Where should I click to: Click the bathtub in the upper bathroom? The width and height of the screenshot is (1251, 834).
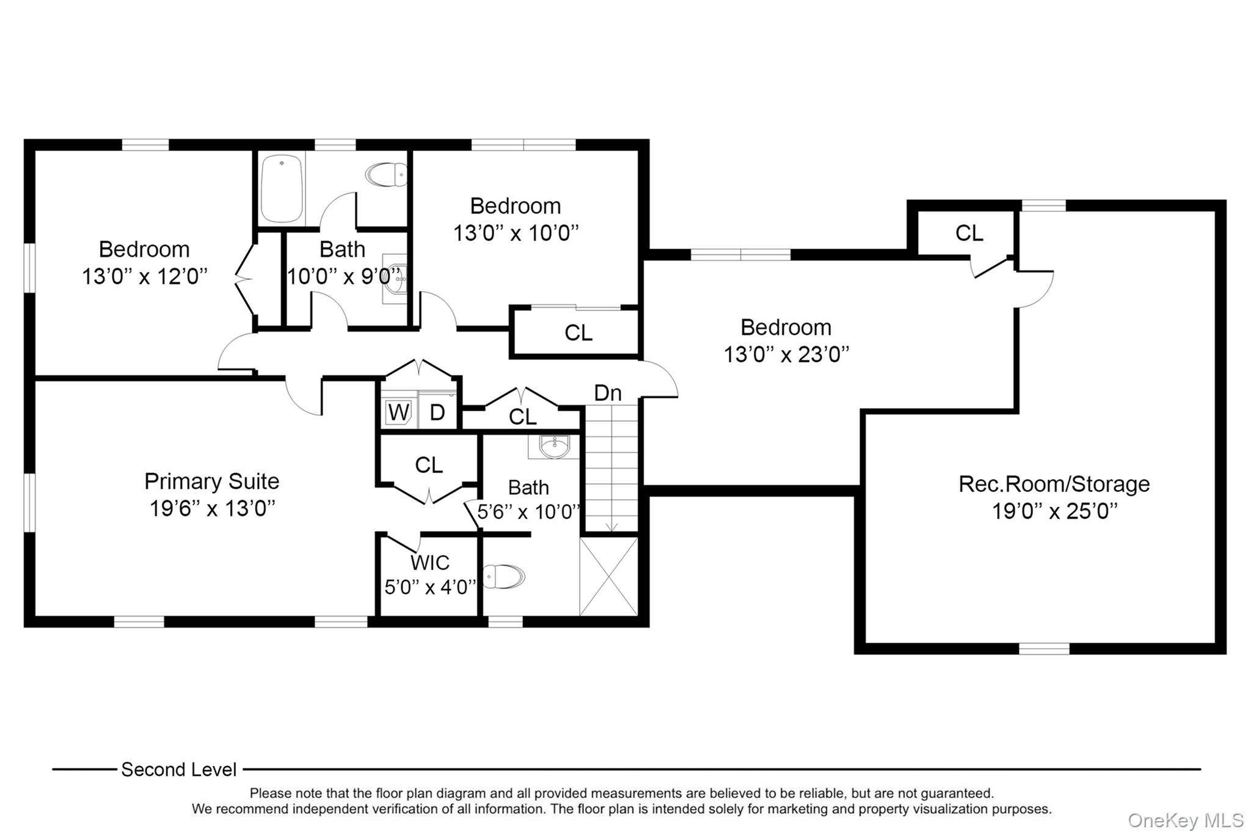click(x=282, y=188)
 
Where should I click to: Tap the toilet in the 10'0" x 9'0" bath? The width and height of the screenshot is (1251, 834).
click(x=387, y=175)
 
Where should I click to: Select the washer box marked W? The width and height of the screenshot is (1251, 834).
click(x=398, y=412)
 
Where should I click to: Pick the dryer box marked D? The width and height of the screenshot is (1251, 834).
click(x=437, y=412)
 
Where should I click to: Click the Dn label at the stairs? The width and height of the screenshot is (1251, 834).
click(x=608, y=393)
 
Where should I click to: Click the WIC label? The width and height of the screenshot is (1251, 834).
click(x=429, y=562)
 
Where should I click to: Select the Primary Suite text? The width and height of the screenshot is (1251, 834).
click(x=211, y=481)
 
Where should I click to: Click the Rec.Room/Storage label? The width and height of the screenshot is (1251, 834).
click(x=1054, y=484)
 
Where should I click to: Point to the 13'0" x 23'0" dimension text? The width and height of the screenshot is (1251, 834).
click(x=786, y=354)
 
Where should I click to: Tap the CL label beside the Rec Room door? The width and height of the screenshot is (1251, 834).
click(x=969, y=233)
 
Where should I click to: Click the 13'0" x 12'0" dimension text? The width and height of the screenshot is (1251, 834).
click(x=145, y=276)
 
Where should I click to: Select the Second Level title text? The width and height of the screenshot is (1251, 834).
click(x=178, y=769)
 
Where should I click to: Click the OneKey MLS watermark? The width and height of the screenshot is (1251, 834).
click(x=1185, y=820)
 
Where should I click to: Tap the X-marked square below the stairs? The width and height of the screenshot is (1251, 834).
click(x=608, y=576)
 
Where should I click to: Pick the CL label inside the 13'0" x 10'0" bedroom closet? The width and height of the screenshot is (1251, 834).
click(x=578, y=333)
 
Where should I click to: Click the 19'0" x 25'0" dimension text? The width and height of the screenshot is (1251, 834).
click(x=1054, y=511)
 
